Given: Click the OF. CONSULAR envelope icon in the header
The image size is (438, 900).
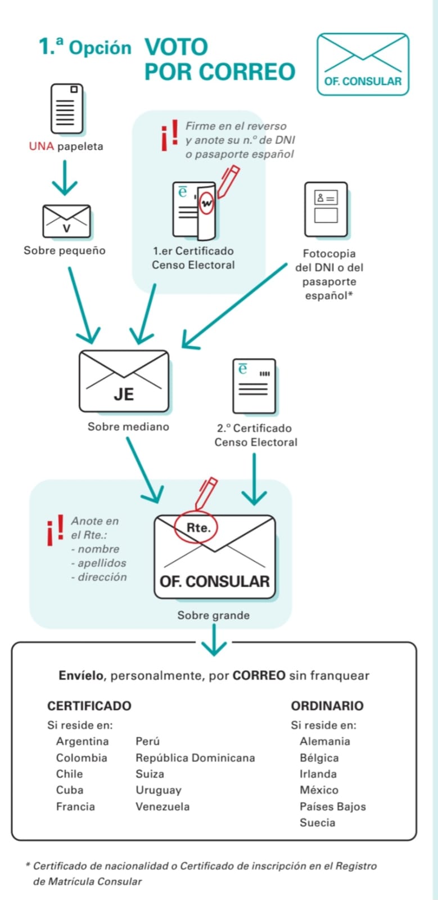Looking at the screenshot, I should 363,64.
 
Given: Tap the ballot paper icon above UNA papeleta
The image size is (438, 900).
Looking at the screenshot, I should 66,109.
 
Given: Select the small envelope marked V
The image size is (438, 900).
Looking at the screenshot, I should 67,222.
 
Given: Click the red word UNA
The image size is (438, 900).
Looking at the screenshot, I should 42,146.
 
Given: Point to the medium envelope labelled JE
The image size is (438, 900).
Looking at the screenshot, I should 124,382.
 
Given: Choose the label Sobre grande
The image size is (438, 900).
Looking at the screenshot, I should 213,615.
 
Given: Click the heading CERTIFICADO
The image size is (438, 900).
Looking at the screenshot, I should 89,706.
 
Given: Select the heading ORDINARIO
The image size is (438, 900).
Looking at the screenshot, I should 327,706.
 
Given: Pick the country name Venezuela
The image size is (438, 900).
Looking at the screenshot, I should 162,807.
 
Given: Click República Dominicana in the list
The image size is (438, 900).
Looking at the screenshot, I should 195,758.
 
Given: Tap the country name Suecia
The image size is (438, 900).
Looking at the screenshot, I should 317,822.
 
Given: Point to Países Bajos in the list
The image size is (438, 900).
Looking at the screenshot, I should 332,807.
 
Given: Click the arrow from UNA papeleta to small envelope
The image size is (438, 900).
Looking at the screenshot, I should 65,177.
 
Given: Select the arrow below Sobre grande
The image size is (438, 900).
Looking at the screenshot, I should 214,639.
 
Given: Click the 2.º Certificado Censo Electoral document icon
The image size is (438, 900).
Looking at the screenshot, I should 254,386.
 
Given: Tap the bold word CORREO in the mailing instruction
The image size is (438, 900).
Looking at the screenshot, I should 259,675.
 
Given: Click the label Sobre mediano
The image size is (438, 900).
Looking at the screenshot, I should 128,427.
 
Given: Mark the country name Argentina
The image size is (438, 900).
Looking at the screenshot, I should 82,741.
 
